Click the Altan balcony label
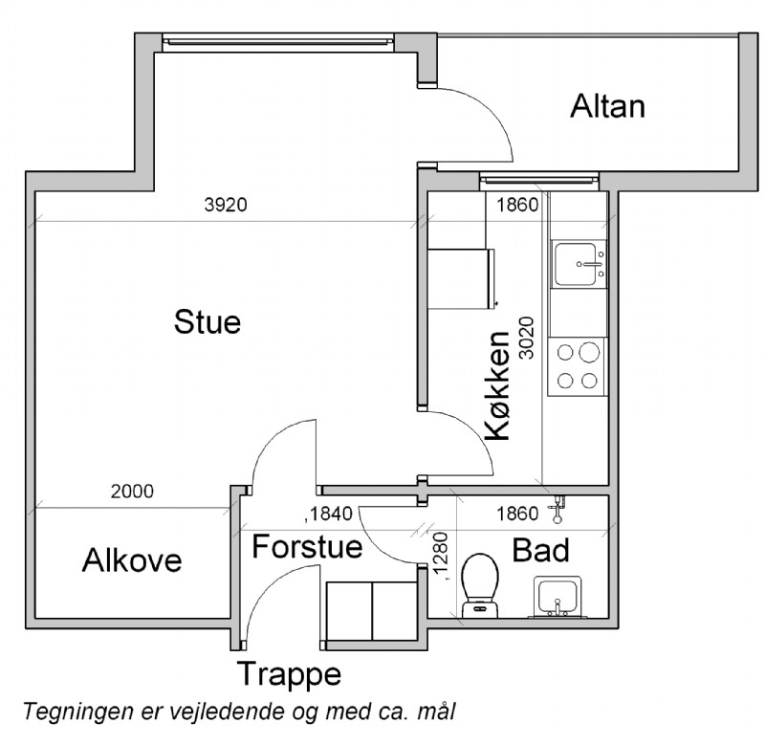click(x=608, y=106)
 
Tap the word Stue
click(x=208, y=322)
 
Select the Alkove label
click(x=132, y=560)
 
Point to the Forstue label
click(x=307, y=546)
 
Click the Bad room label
click(x=540, y=550)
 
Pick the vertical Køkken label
click(x=497, y=385)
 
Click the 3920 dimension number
click(x=226, y=205)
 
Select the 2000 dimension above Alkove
click(x=132, y=492)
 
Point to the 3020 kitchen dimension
click(x=527, y=339)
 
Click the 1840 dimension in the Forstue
click(x=328, y=514)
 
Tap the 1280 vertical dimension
click(x=441, y=557)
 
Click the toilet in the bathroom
click(x=480, y=585)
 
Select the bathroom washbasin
click(x=557, y=598)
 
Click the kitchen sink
click(x=579, y=264)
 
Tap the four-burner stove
click(x=578, y=366)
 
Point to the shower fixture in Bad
click(x=557, y=510)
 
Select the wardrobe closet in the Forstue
click(x=372, y=611)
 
